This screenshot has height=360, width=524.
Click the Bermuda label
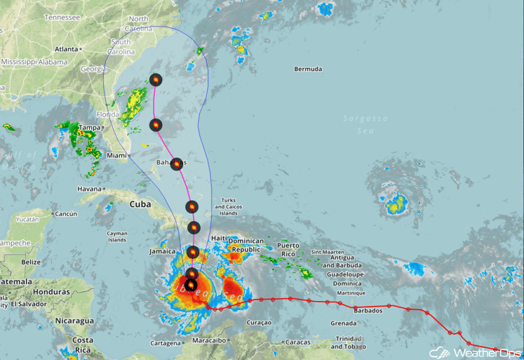309,69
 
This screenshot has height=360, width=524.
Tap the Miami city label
117,155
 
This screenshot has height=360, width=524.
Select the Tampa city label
89,128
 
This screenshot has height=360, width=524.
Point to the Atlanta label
67,49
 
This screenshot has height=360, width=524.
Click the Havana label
90,188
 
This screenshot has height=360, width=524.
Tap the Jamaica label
161,251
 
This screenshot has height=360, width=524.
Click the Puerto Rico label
288,249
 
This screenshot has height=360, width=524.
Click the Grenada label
344,323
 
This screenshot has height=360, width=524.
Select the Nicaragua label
74,320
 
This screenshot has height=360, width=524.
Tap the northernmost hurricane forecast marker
155,80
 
